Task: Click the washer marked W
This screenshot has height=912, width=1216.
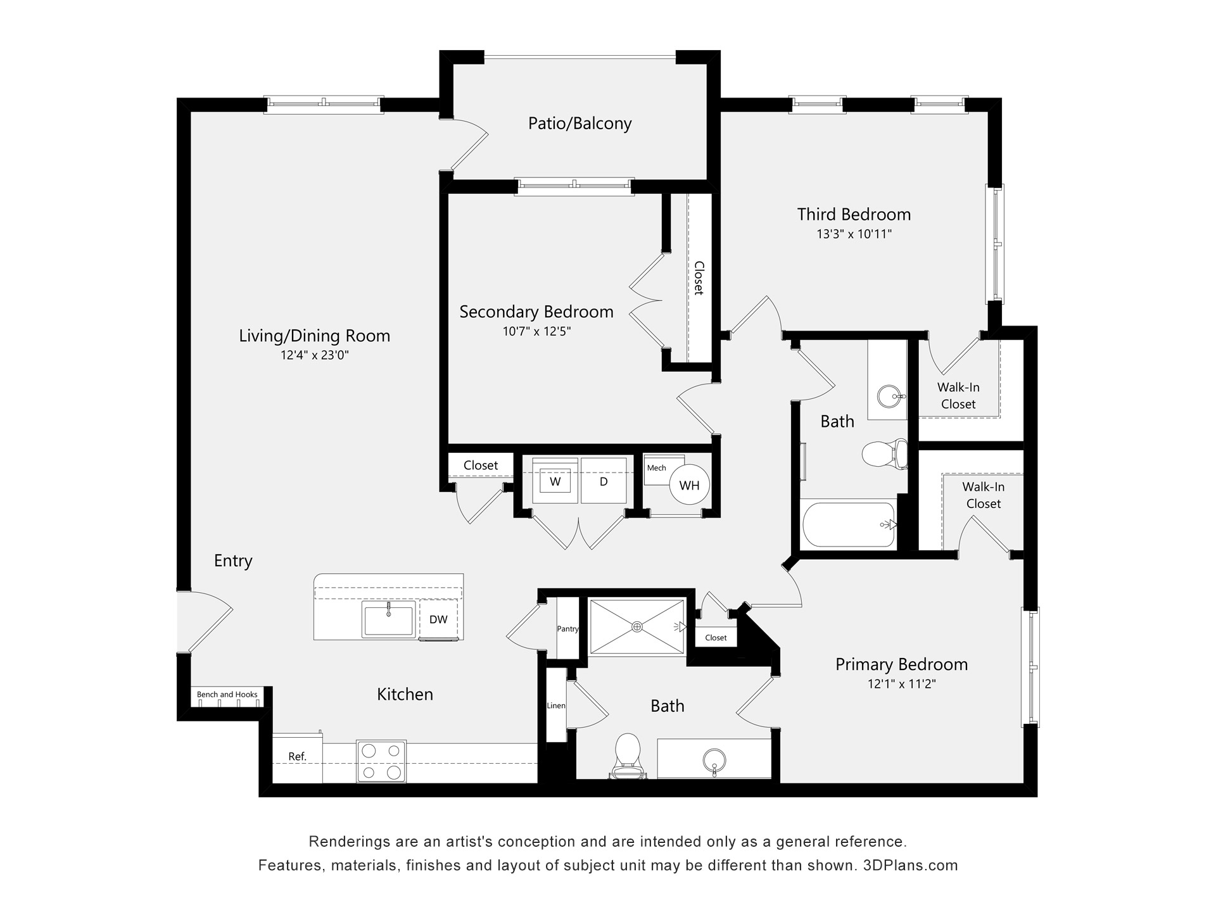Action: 555,481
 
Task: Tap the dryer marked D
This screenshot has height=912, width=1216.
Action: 604,481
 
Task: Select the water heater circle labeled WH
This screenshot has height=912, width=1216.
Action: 689,486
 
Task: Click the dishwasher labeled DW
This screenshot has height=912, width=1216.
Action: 438,619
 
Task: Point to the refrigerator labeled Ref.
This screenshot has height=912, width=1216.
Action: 298,757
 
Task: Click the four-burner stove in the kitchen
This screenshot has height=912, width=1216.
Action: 381,761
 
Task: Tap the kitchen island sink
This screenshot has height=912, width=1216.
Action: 388,619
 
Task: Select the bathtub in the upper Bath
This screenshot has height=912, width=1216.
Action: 849,524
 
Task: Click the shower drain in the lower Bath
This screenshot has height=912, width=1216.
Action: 637,626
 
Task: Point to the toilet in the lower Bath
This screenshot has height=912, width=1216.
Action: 628,754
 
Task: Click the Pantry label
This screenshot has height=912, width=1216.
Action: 568,629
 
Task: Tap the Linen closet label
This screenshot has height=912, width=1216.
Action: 556,706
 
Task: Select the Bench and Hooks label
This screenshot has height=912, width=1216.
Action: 227,695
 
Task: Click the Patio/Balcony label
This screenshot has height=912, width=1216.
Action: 579,123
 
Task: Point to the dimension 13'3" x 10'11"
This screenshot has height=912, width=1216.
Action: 854,234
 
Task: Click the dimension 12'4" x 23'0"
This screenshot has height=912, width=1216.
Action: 315,355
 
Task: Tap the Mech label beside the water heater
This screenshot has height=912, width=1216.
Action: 656,468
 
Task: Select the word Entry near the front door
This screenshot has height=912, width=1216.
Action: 233,560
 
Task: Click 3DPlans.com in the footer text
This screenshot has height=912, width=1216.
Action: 910,865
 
